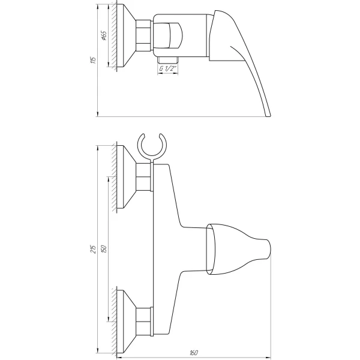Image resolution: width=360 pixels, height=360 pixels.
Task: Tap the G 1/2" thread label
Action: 169,68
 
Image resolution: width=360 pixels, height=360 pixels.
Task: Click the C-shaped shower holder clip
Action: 151,146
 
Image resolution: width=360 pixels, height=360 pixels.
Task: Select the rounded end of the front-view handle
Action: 268,247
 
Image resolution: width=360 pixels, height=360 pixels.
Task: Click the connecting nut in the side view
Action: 144,37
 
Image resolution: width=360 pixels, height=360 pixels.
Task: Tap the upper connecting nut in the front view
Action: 144,178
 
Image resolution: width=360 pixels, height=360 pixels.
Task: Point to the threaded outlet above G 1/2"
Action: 169,59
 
